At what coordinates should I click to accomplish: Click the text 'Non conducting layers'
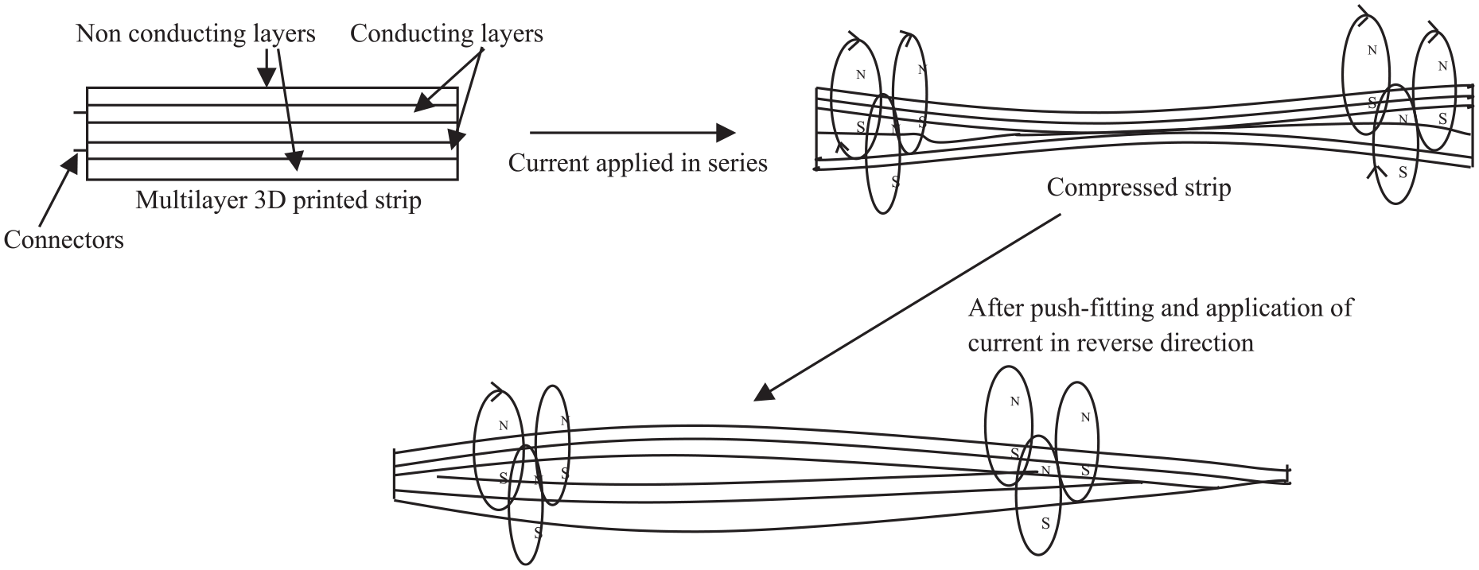pyautogui.click(x=196, y=33)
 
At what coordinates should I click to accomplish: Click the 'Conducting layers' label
pyautogui.click(x=446, y=33)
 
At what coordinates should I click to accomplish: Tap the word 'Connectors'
pyautogui.click(x=64, y=239)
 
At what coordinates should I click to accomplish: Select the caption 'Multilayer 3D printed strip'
pyautogui.click(x=278, y=200)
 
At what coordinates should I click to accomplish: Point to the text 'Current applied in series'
pyautogui.click(x=638, y=163)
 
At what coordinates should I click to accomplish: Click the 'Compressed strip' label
pyautogui.click(x=1138, y=188)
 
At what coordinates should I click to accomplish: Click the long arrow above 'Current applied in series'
pyautogui.click(x=633, y=133)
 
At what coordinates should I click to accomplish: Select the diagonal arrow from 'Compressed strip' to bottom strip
pyautogui.click(x=908, y=306)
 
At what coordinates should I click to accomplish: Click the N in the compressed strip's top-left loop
pyautogui.click(x=860, y=75)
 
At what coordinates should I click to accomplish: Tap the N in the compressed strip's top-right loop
pyautogui.click(x=1372, y=50)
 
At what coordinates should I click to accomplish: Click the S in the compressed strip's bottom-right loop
pyautogui.click(x=1403, y=172)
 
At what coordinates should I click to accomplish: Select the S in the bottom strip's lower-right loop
pyautogui.click(x=1045, y=524)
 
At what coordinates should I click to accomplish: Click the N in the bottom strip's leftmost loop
pyautogui.click(x=503, y=426)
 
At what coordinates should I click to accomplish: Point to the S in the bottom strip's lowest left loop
pyautogui.click(x=538, y=532)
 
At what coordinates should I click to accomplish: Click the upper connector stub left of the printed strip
pyautogui.click(x=80, y=113)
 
